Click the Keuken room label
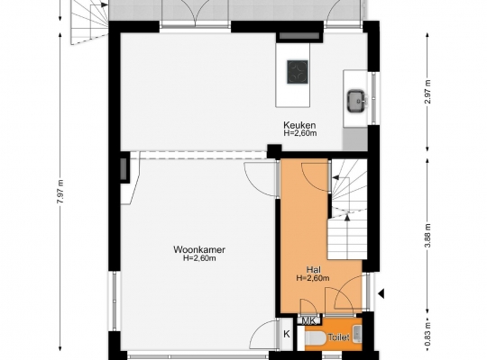point(299,125)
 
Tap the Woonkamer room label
point(199,249)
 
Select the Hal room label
point(313,270)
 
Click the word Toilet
point(338,337)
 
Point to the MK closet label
point(308,321)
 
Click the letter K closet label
point(287,334)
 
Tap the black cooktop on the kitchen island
point(298,72)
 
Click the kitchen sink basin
point(356,101)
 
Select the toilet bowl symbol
point(316,338)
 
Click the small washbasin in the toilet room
point(357,334)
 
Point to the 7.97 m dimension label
point(60,192)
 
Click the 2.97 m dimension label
point(428,92)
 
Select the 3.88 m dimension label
point(428,236)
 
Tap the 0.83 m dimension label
point(428,334)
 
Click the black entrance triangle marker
point(381,293)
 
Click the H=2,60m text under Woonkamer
point(199,258)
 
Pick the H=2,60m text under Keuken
point(299,133)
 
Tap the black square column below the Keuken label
point(274,151)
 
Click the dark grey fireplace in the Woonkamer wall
point(124,168)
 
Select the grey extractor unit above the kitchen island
point(299,36)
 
